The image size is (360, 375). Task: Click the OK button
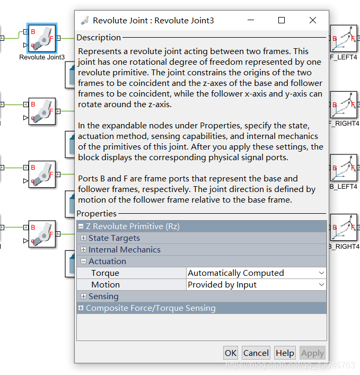tap(231, 353)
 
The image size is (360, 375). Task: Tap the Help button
tap(285, 353)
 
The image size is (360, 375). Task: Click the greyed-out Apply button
tap(312, 353)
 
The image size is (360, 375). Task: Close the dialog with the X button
tap(313, 20)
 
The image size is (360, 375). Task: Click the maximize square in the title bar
tap(282, 20)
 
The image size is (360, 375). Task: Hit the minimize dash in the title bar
tap(251, 20)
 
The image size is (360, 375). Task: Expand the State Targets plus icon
tap(83, 238)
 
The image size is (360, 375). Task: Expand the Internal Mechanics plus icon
tap(83, 249)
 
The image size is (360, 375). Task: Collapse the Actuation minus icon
tap(83, 261)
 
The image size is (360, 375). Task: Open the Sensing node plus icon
tap(83, 296)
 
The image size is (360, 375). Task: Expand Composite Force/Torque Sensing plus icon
tap(81, 308)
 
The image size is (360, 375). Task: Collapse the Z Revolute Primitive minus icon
tap(81, 226)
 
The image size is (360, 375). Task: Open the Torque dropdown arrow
tap(321, 273)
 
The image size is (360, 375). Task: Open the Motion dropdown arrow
tap(321, 285)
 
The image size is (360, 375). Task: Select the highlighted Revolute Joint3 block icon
tap(42, 38)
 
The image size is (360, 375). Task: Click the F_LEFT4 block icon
tap(344, 38)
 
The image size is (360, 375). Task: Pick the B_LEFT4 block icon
tap(344, 168)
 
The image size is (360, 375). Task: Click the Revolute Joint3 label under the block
tap(42, 57)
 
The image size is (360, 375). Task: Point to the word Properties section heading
tap(96, 213)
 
